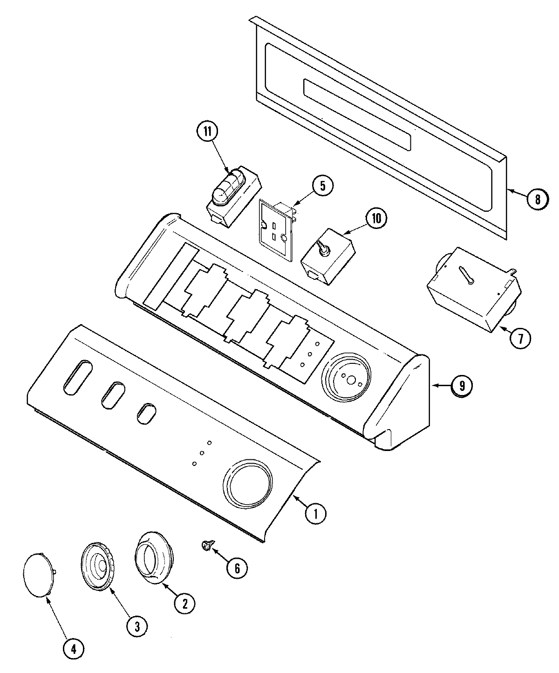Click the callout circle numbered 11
coord(207,132)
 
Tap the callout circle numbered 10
coord(376,218)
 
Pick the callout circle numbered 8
coord(538,199)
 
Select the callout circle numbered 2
coord(184,604)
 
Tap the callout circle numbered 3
coord(137,626)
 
